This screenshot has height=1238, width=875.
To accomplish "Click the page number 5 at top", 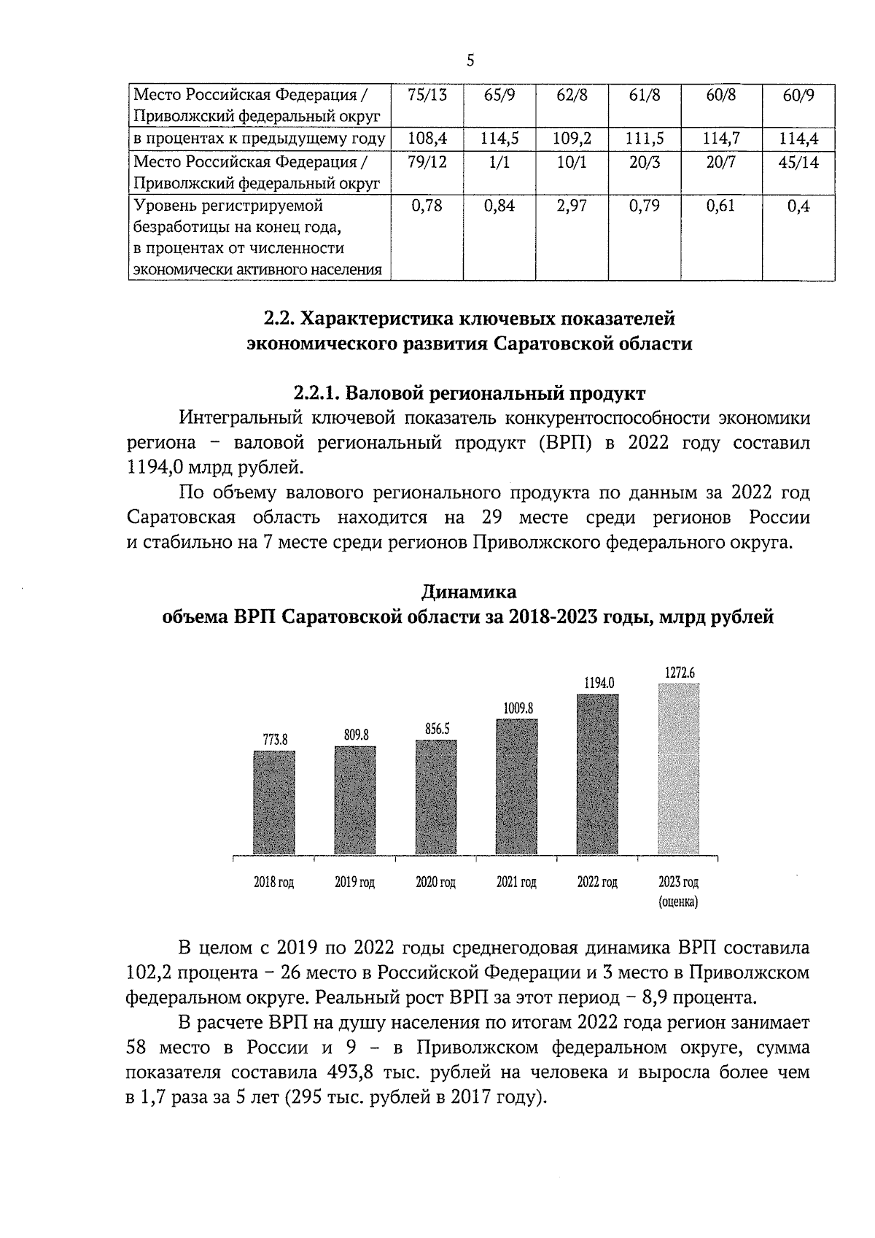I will pos(470,61).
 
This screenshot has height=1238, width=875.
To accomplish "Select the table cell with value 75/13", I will pos(427,96).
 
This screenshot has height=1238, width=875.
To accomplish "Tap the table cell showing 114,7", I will pos(720,139).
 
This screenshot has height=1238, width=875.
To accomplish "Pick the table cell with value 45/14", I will pos(798,163).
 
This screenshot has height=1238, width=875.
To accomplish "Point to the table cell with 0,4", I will pos(798,206).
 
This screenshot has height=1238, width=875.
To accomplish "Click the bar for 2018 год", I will pos(274,802).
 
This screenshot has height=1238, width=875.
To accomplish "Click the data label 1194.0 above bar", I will pos(599,683).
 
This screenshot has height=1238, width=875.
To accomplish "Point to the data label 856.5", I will pos(437,729).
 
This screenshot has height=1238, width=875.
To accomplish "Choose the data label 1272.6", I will pos(679,672).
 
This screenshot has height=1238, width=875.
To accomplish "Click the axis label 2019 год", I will pos(354,882).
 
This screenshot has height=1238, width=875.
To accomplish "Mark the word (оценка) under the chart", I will pos(678,902).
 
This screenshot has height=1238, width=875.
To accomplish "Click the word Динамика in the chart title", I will pos(470,591).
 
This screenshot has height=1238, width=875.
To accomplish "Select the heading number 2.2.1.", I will pos(317,394).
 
